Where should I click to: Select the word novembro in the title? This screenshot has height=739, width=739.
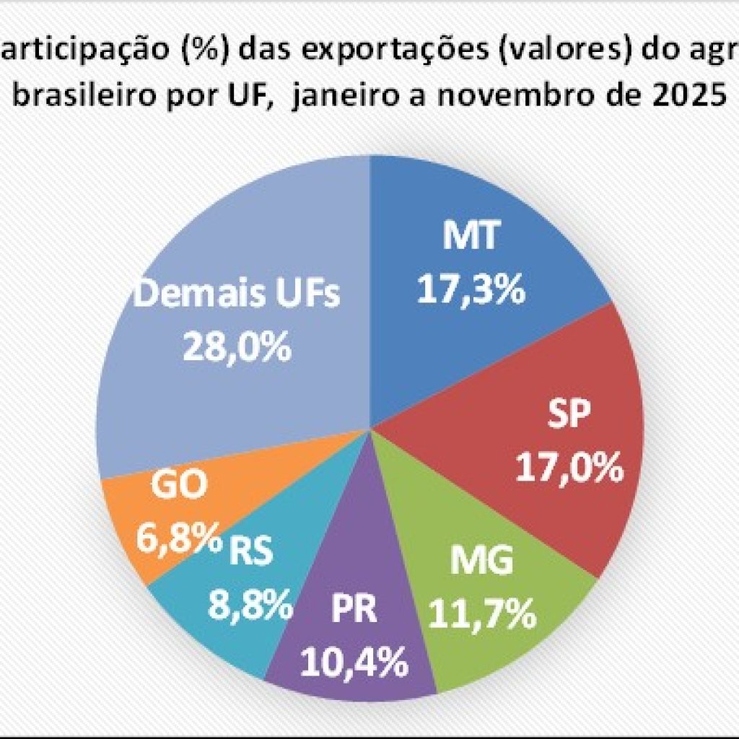click(531, 95)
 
